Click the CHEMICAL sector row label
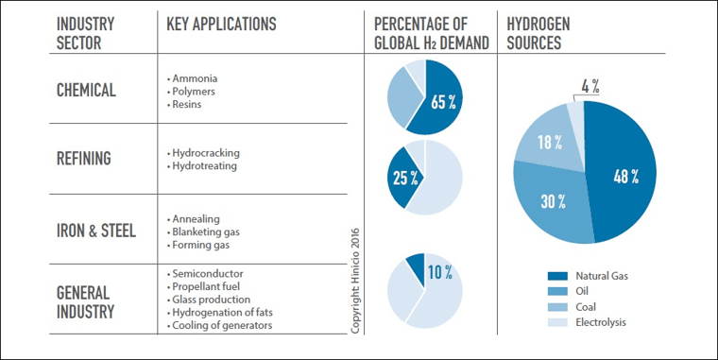(86, 91)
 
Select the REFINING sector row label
(83, 159)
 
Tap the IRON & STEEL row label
(96, 230)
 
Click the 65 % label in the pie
(444, 102)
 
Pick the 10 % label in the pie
(439, 272)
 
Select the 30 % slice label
(554, 200)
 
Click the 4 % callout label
(591, 87)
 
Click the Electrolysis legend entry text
(600, 322)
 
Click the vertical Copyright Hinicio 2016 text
(355, 279)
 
